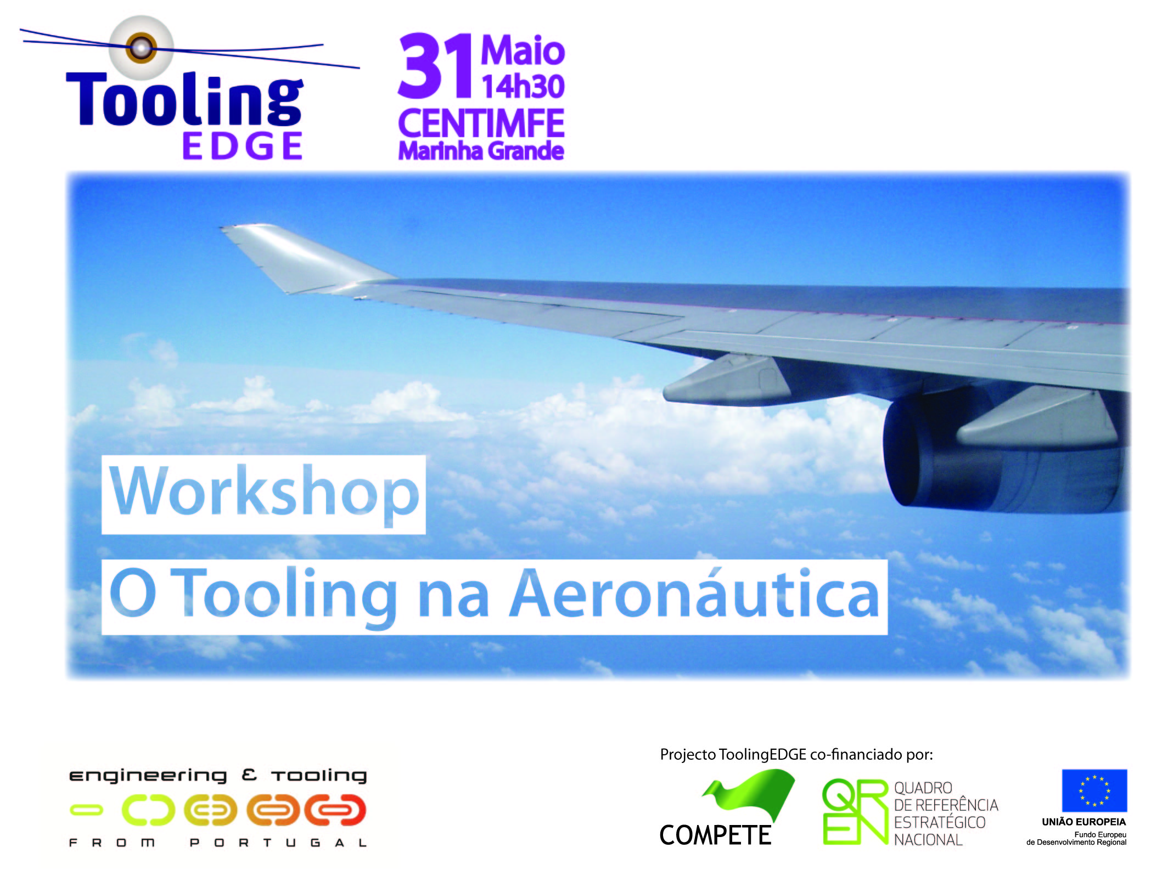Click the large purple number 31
436,66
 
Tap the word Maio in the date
523,51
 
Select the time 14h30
523,87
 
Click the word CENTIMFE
481,123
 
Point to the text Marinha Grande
481,151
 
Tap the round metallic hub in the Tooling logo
142,47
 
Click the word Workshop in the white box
264,492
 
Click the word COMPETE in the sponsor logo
715,835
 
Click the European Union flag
1094,790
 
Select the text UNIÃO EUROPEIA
1084,822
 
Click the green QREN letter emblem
855,812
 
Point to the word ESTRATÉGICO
940,823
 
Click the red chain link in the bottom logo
335,810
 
